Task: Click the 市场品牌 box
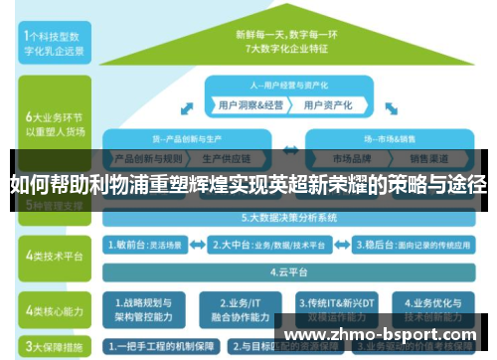pyautogui.click(x=354, y=158)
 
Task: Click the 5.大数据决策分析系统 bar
pyautogui.click(x=288, y=216)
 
